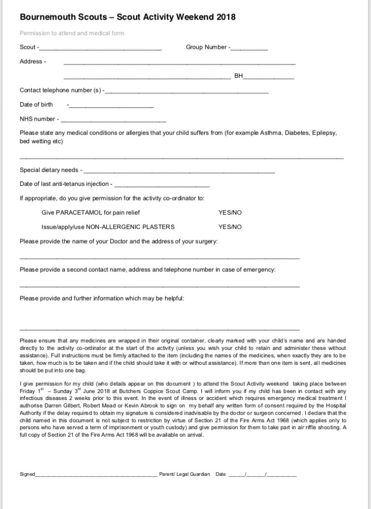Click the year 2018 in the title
pos(226,18)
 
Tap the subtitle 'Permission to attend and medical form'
pos(72,33)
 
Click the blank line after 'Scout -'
pos(100,49)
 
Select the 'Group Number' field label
pos(207,47)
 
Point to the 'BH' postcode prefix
pos(238,76)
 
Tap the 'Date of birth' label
pos(36,105)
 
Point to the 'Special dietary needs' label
pos(49,170)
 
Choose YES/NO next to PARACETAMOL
pos(230,213)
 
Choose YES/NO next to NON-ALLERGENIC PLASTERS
pos(230,227)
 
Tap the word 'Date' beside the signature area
pos(221,474)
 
